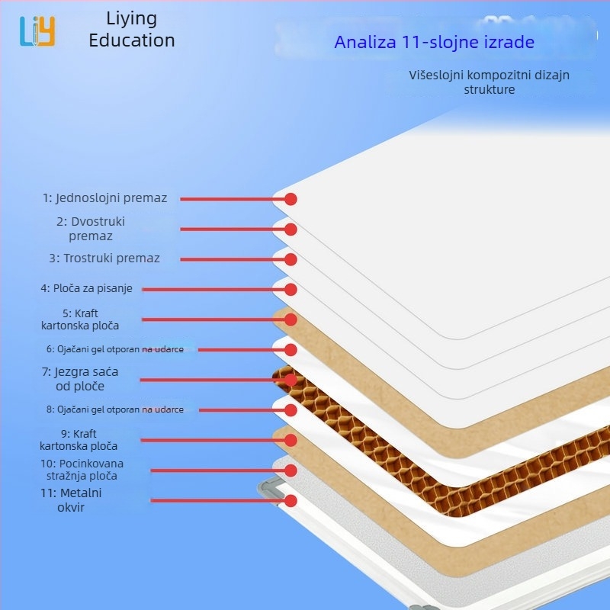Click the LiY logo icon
[x=37, y=31]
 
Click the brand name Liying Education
[x=131, y=30]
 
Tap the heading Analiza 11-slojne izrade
[x=434, y=42]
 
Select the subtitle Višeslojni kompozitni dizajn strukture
[x=489, y=82]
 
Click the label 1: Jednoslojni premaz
[x=104, y=198]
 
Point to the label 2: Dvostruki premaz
[x=91, y=229]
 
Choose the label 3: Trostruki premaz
[x=104, y=258]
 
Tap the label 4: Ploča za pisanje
[x=86, y=288]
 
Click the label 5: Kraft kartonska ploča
[x=80, y=319]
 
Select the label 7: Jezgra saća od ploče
[x=80, y=379]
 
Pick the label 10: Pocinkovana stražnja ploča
[x=82, y=470]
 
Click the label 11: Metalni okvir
[x=71, y=500]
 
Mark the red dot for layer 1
[x=291, y=199]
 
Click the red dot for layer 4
[x=291, y=290]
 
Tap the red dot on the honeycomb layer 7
[x=291, y=380]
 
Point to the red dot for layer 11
[x=291, y=501]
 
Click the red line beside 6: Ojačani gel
[x=241, y=350]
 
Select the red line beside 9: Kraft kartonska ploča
[x=213, y=441]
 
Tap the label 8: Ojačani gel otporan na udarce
[x=115, y=409]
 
